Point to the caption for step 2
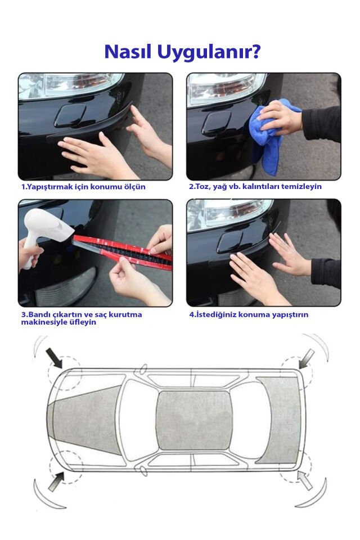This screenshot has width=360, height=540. (255, 186)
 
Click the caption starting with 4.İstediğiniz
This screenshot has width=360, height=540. (248, 314)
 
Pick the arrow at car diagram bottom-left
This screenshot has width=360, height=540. (55, 481)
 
